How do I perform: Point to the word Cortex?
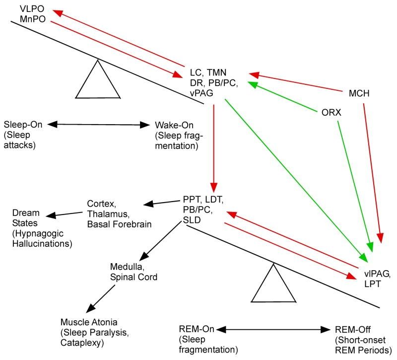100,203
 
